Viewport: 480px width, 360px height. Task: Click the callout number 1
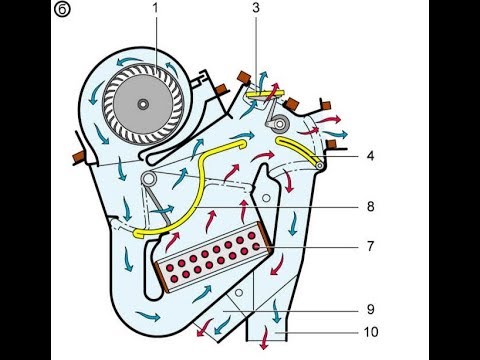point(155,9)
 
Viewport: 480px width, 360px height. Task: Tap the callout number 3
point(256,8)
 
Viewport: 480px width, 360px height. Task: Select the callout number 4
point(370,156)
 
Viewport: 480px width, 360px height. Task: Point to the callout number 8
point(371,207)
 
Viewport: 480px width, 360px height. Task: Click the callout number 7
point(371,246)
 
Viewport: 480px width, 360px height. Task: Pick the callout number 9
point(371,309)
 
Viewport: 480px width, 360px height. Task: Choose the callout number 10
point(371,332)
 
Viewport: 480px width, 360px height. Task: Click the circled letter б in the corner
point(62,9)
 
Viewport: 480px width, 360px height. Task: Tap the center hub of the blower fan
point(143,104)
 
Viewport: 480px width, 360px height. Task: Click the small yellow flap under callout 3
point(265,95)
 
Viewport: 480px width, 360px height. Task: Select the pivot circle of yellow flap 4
point(320,165)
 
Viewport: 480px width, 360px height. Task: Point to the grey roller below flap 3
point(279,124)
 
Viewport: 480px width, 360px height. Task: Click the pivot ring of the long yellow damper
point(148,178)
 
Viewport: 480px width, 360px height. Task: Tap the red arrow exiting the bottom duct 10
point(265,338)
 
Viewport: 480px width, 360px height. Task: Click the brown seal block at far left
point(80,157)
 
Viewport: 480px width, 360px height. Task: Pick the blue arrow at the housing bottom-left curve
point(147,315)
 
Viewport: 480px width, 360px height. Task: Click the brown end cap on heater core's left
point(162,276)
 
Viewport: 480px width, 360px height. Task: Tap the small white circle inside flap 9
point(239,293)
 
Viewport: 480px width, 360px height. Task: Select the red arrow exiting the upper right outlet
point(328,119)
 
